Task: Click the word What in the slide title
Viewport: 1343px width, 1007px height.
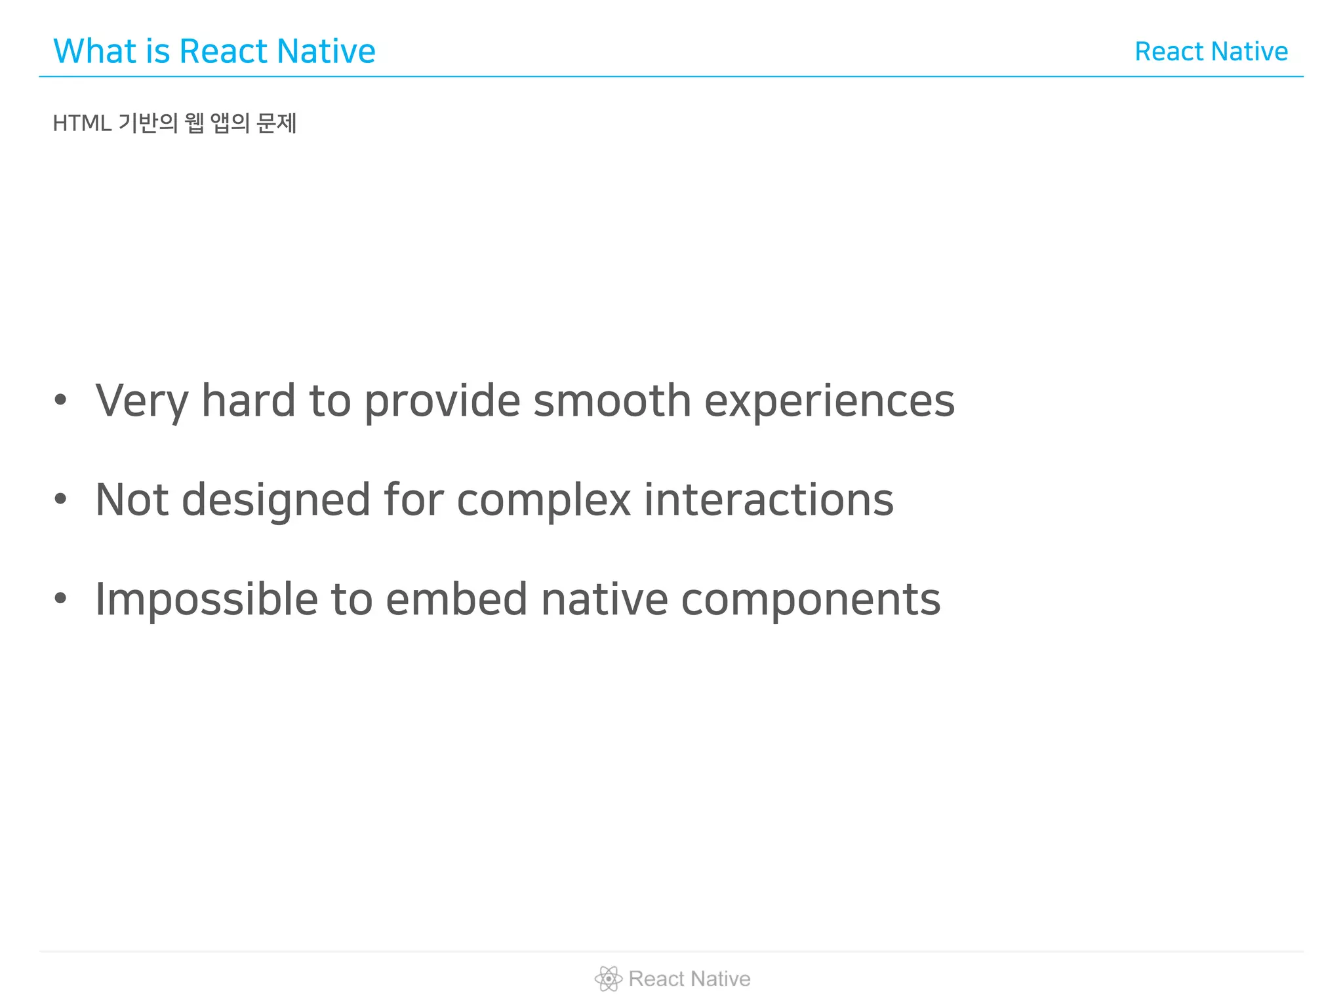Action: [x=95, y=51]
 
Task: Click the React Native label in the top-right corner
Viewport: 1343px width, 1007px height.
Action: [x=1211, y=51]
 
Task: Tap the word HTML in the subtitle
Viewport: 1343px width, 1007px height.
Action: [x=82, y=123]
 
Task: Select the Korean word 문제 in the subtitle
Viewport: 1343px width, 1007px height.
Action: [x=276, y=123]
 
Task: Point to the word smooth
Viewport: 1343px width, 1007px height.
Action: [x=612, y=401]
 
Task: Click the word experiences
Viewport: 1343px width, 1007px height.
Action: [x=829, y=401]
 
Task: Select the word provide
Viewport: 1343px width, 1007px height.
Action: [x=442, y=401]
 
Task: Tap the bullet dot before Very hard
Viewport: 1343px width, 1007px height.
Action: [x=60, y=399]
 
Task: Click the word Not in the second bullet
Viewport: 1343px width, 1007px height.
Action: [x=132, y=500]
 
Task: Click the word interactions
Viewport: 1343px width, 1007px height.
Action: [x=769, y=500]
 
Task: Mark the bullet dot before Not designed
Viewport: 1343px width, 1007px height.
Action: [x=60, y=499]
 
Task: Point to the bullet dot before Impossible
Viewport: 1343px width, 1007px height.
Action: [x=60, y=598]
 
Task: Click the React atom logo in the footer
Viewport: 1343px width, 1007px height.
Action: [x=608, y=979]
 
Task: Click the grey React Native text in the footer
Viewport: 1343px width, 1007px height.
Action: [x=689, y=979]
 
